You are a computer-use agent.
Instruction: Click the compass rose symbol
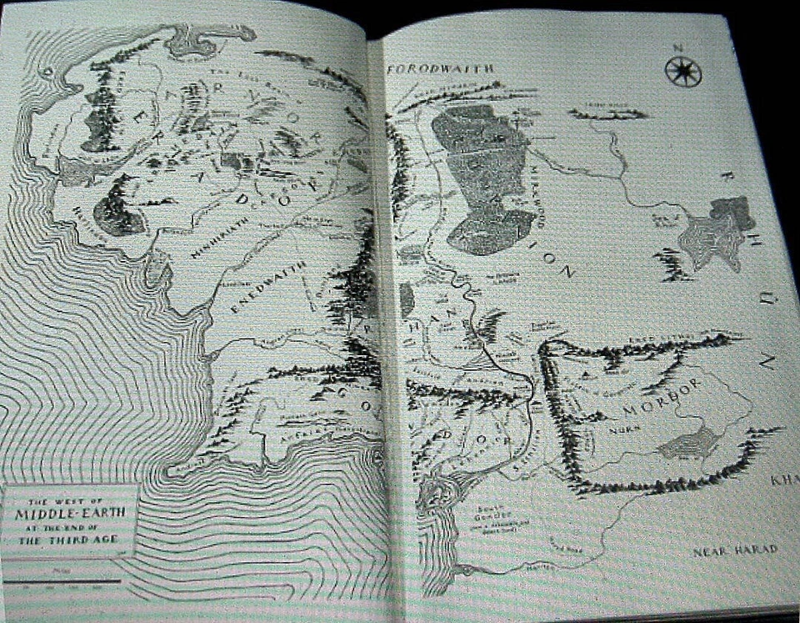click(x=683, y=71)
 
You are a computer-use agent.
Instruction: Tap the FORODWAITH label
click(x=441, y=68)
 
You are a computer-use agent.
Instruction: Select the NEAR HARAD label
click(x=735, y=550)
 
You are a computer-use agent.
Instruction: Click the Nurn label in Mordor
click(x=617, y=434)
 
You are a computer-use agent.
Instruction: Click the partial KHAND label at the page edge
click(x=785, y=480)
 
